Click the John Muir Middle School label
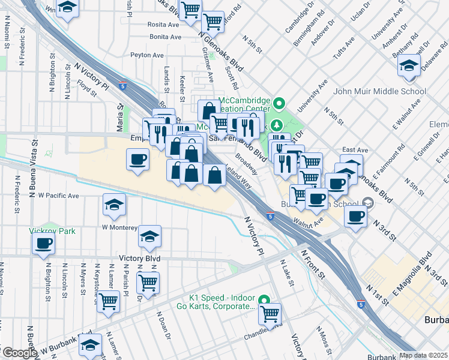click(x=380, y=92)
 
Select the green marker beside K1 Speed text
click(x=264, y=299)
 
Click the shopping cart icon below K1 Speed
click(x=270, y=313)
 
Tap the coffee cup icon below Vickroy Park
click(x=43, y=244)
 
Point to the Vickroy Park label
click(x=51, y=230)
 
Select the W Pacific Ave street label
click(x=58, y=196)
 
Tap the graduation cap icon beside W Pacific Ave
click(x=114, y=205)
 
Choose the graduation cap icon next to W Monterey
click(x=150, y=236)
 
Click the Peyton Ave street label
click(x=147, y=55)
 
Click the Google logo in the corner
click(x=19, y=353)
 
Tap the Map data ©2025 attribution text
click(x=423, y=355)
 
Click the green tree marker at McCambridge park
click(x=277, y=125)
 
